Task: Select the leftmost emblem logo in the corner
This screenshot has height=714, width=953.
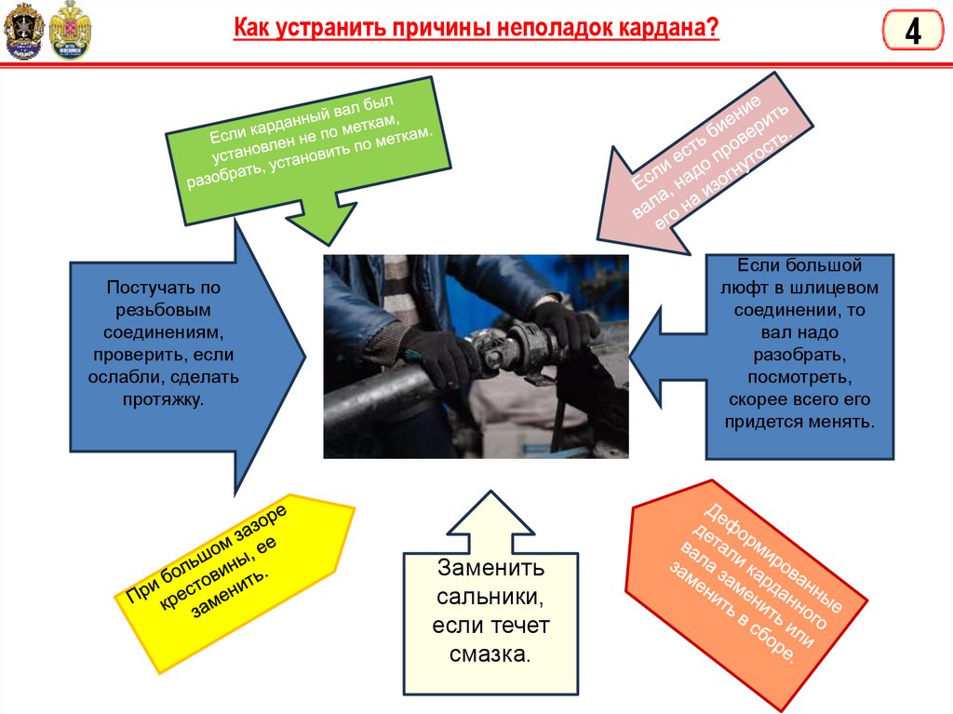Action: point(22,31)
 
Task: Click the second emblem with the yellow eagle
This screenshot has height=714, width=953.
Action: point(72,31)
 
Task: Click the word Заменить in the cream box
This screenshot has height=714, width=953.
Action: point(490,569)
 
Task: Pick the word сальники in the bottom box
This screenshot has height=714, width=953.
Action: point(490,597)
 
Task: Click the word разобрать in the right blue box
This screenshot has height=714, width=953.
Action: point(799,354)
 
